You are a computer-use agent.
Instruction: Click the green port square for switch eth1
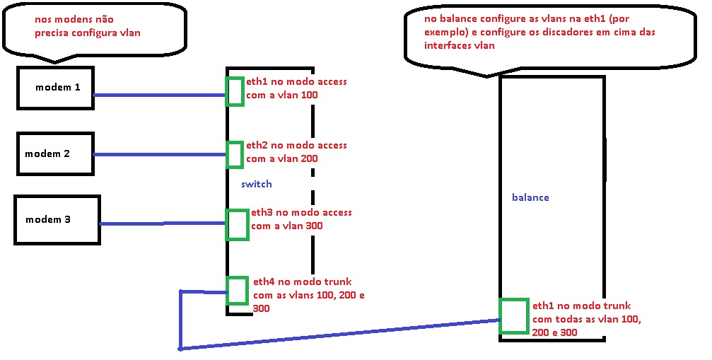[x=235, y=92]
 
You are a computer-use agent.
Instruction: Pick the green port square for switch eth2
[x=234, y=155]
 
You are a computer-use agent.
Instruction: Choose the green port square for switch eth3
[x=237, y=223]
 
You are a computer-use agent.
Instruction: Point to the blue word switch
[x=256, y=184]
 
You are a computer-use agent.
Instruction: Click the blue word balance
[x=530, y=197]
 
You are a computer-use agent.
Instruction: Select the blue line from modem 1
[x=159, y=95]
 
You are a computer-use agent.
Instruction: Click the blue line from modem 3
[x=163, y=224]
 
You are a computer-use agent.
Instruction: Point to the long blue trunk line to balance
[x=339, y=335]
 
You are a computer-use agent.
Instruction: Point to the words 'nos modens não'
[x=68, y=21]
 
